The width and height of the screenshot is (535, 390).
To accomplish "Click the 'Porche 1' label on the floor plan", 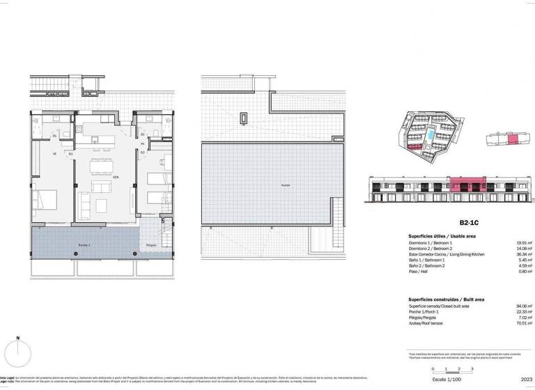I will point(85,247).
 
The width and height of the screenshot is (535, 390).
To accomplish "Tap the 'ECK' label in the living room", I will point(116,177).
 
